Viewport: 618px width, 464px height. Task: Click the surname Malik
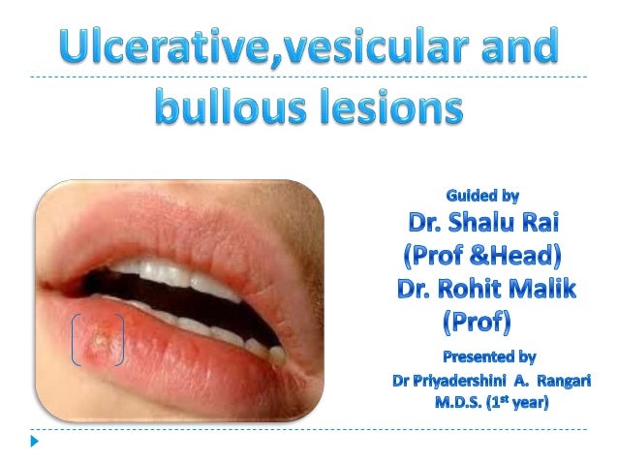coord(545,290)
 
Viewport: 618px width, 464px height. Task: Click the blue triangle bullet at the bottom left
coord(35,442)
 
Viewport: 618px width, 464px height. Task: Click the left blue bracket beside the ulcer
coord(76,339)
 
